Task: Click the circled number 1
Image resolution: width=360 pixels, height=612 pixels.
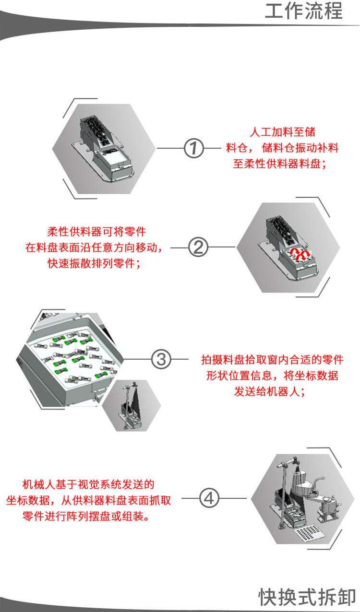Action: [x=194, y=148]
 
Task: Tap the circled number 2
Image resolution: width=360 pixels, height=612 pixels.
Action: [x=198, y=247]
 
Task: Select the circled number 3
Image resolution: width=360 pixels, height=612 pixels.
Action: [x=161, y=358]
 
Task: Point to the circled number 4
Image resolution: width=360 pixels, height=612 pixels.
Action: [x=208, y=498]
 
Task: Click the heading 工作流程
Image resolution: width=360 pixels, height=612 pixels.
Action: [x=304, y=11]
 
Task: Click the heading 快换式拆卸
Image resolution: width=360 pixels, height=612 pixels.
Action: [x=307, y=597]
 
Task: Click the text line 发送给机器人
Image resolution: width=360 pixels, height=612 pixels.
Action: [x=269, y=391]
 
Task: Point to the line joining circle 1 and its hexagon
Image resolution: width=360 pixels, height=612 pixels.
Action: [x=170, y=148]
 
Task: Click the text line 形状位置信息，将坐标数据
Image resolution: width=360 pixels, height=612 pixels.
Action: [x=272, y=375]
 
